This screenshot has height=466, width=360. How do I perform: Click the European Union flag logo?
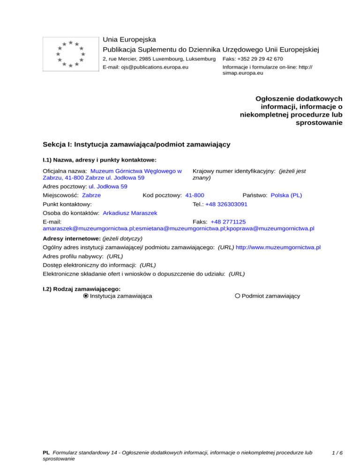70,54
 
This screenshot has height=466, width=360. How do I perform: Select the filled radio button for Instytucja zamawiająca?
86,296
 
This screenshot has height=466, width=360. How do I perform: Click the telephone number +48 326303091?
226,204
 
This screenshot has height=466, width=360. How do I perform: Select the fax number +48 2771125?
228,221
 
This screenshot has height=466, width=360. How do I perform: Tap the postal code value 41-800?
195,195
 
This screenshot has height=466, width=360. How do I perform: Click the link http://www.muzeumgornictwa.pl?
278,247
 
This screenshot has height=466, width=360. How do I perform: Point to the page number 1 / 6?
337,453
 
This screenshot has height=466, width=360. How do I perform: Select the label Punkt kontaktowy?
67,204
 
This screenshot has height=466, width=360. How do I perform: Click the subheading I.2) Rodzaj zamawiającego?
81,289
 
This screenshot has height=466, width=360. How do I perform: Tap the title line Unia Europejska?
129,39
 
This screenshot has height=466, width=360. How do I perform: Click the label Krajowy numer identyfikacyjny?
233,172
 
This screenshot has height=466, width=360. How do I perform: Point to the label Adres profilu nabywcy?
73,256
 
